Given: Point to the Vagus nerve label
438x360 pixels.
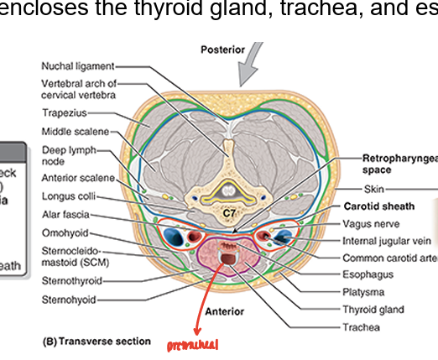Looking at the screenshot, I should tap(371, 223).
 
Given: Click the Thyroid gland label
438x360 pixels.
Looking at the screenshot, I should tap(373, 308).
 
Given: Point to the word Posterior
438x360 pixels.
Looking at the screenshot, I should tap(222, 50).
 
